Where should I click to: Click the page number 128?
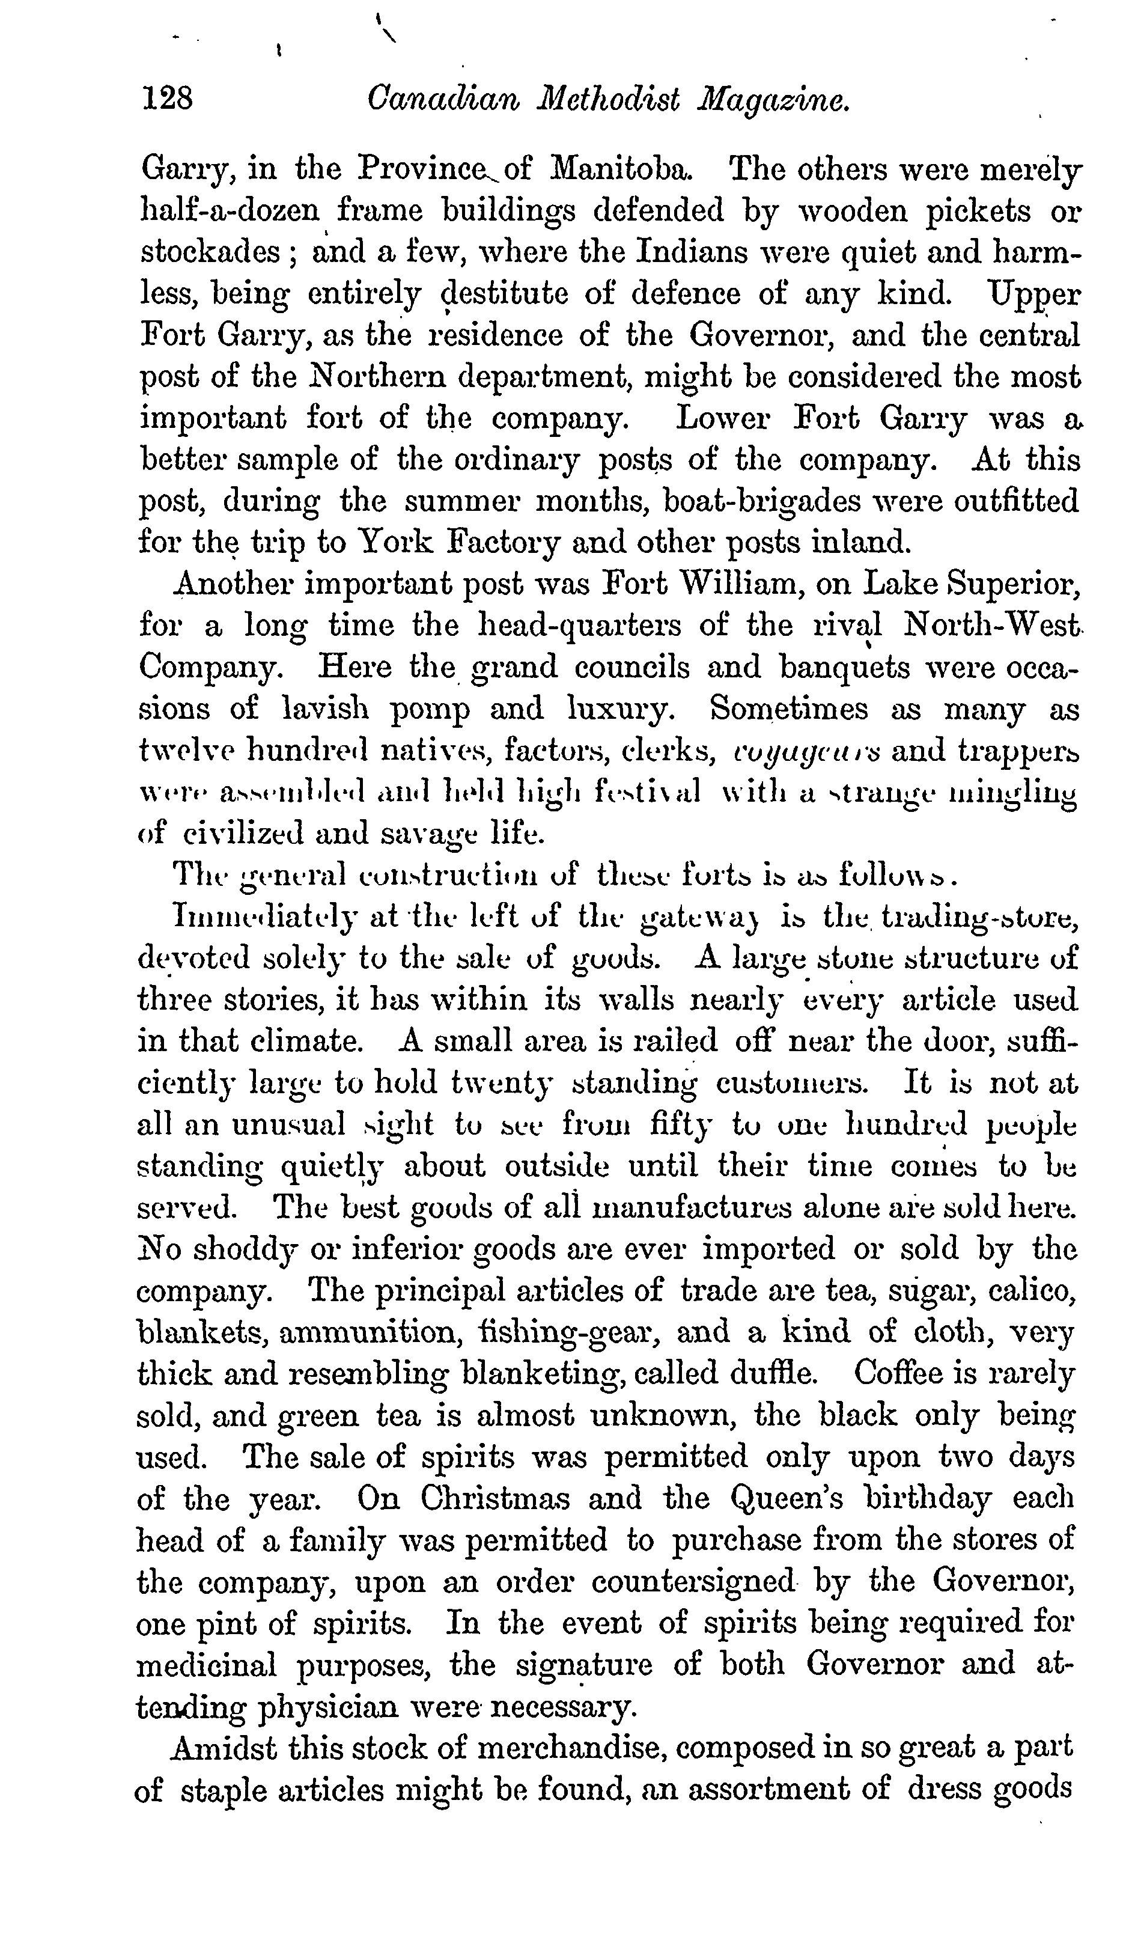pyautogui.click(x=167, y=99)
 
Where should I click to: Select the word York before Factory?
pyautogui.click(x=399, y=543)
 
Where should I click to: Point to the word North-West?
pyautogui.click(x=991, y=626)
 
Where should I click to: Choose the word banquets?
pyautogui.click(x=845, y=667)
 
